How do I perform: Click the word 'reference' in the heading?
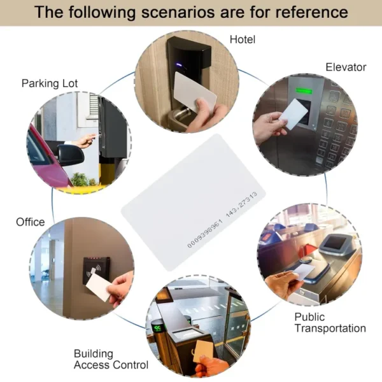click(x=311, y=12)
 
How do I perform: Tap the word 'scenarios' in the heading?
click(x=178, y=12)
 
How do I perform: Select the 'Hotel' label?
click(x=243, y=39)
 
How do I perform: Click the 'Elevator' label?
click(x=346, y=67)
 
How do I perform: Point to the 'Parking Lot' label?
click(x=50, y=83)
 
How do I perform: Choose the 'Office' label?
click(x=31, y=222)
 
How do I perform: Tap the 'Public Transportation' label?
click(x=330, y=323)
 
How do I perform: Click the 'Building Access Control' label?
click(x=111, y=359)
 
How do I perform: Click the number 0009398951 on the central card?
click(x=205, y=234)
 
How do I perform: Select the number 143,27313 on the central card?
click(x=241, y=204)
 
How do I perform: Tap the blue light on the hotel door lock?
click(x=179, y=65)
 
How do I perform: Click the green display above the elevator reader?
click(x=304, y=91)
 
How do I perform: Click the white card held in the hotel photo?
click(x=194, y=92)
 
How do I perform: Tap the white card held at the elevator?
click(x=294, y=114)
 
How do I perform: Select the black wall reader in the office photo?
click(x=96, y=271)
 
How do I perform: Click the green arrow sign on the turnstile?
click(x=157, y=328)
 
